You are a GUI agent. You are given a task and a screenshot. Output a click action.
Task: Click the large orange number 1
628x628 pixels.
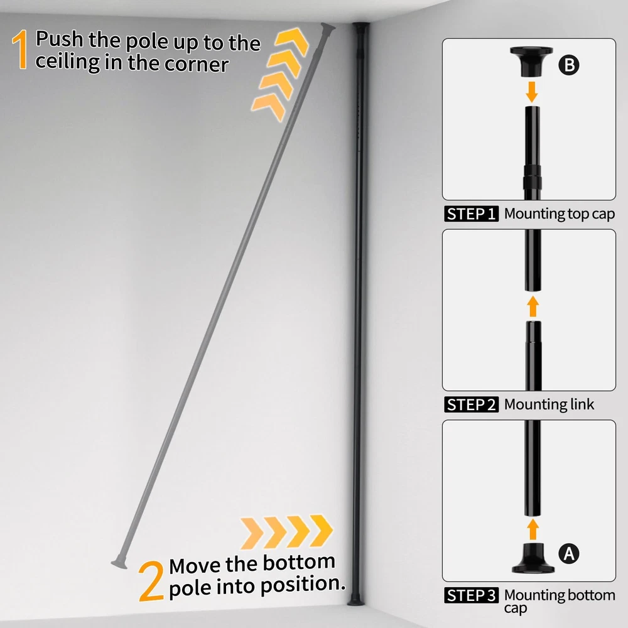point(19,50)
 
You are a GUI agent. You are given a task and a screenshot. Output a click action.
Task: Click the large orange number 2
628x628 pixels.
point(151,580)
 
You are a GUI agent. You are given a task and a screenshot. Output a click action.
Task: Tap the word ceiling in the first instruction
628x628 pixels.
point(68,62)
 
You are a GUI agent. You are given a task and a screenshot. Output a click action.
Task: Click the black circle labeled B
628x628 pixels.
point(569,65)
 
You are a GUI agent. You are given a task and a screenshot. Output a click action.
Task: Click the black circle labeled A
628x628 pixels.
point(569,554)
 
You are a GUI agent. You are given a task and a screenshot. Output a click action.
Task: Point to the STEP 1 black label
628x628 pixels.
point(471,214)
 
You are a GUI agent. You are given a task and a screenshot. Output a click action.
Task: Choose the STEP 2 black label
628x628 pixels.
point(471,404)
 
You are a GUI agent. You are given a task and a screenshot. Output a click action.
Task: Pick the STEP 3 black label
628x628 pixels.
point(471,595)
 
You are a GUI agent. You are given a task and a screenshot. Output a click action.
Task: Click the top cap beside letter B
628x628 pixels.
point(531,62)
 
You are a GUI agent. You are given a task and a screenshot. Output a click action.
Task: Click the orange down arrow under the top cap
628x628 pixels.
point(532,92)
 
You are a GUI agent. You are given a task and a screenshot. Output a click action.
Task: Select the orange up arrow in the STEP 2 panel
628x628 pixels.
point(533,306)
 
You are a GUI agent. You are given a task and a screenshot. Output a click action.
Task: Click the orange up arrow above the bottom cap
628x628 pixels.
point(533,529)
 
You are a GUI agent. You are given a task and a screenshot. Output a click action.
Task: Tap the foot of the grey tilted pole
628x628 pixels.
point(119,563)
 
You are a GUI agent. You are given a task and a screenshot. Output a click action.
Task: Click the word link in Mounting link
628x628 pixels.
point(582,404)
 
